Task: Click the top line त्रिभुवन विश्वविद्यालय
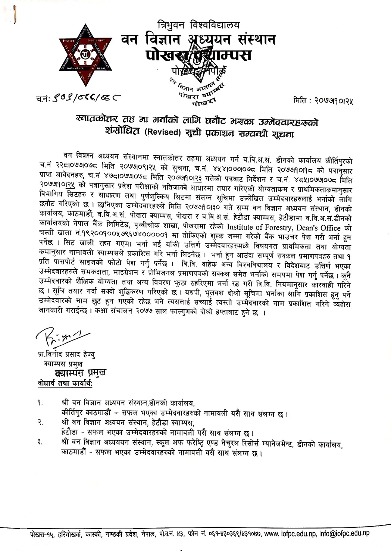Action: (198, 25)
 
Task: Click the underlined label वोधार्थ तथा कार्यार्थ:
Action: (65, 383)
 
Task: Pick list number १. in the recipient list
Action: (40, 403)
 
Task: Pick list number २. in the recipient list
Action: (40, 423)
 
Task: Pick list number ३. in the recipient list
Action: (40, 443)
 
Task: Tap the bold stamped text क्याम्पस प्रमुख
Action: (80, 373)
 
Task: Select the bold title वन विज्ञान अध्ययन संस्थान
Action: (198, 40)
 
